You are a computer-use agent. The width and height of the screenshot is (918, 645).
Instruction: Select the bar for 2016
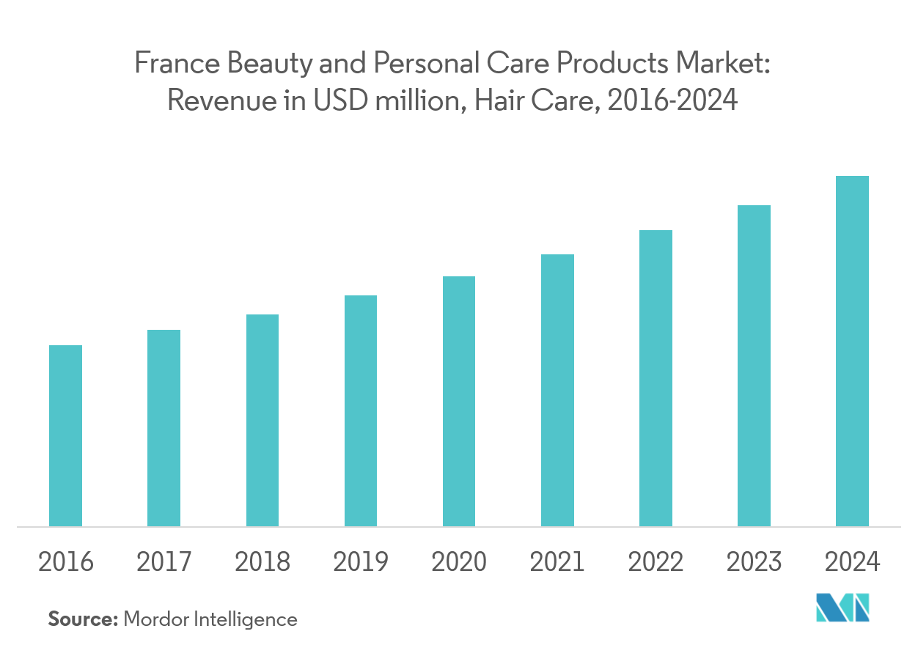click(65, 435)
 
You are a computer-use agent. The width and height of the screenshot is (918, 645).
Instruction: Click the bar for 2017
click(164, 428)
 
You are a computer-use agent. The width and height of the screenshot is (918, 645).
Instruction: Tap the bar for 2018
click(262, 420)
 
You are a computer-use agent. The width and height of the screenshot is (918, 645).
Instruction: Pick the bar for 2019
click(361, 410)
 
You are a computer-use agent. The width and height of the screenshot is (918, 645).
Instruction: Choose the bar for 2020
click(459, 401)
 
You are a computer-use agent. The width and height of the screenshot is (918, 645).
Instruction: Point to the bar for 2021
click(557, 390)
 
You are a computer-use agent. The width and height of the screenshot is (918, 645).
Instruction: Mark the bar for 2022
click(656, 378)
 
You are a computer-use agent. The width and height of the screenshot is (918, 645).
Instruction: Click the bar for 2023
click(754, 366)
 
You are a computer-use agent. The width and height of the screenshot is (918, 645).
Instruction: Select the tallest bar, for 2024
click(852, 351)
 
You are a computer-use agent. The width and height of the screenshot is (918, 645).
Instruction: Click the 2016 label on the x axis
click(65, 562)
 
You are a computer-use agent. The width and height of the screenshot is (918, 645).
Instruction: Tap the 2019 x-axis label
click(361, 562)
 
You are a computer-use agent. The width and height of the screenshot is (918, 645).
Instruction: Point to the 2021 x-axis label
click(557, 562)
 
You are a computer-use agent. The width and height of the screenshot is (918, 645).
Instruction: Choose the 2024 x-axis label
click(852, 562)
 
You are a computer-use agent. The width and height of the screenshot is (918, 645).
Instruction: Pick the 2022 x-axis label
click(656, 562)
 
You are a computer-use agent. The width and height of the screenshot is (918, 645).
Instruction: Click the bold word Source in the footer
click(83, 619)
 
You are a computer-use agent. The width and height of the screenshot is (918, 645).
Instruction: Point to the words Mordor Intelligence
click(210, 619)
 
